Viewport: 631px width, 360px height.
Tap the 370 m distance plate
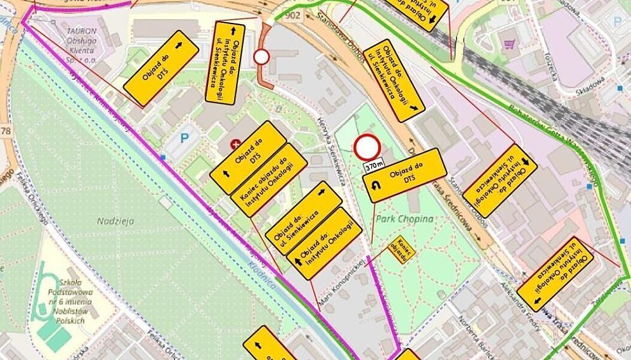(374, 165)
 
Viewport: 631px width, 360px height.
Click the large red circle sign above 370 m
(367, 148)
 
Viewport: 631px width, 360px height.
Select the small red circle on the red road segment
(261, 58)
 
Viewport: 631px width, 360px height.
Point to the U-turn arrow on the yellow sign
(375, 186)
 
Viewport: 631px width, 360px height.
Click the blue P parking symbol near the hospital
(186, 137)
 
